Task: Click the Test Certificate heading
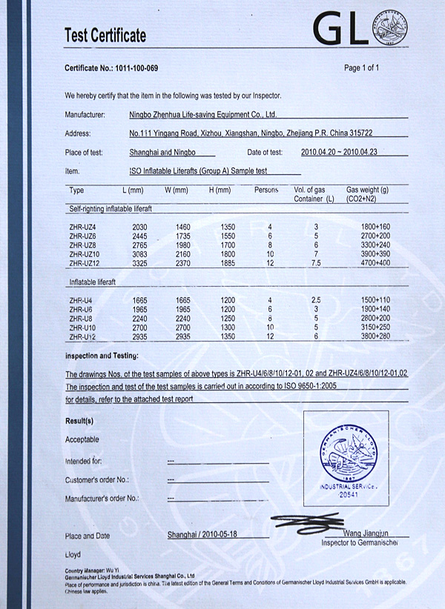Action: (105, 35)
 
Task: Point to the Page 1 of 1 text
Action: (362, 68)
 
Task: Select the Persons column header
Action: (266, 190)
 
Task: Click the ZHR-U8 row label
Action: (82, 318)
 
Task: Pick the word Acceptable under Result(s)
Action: (82, 439)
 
